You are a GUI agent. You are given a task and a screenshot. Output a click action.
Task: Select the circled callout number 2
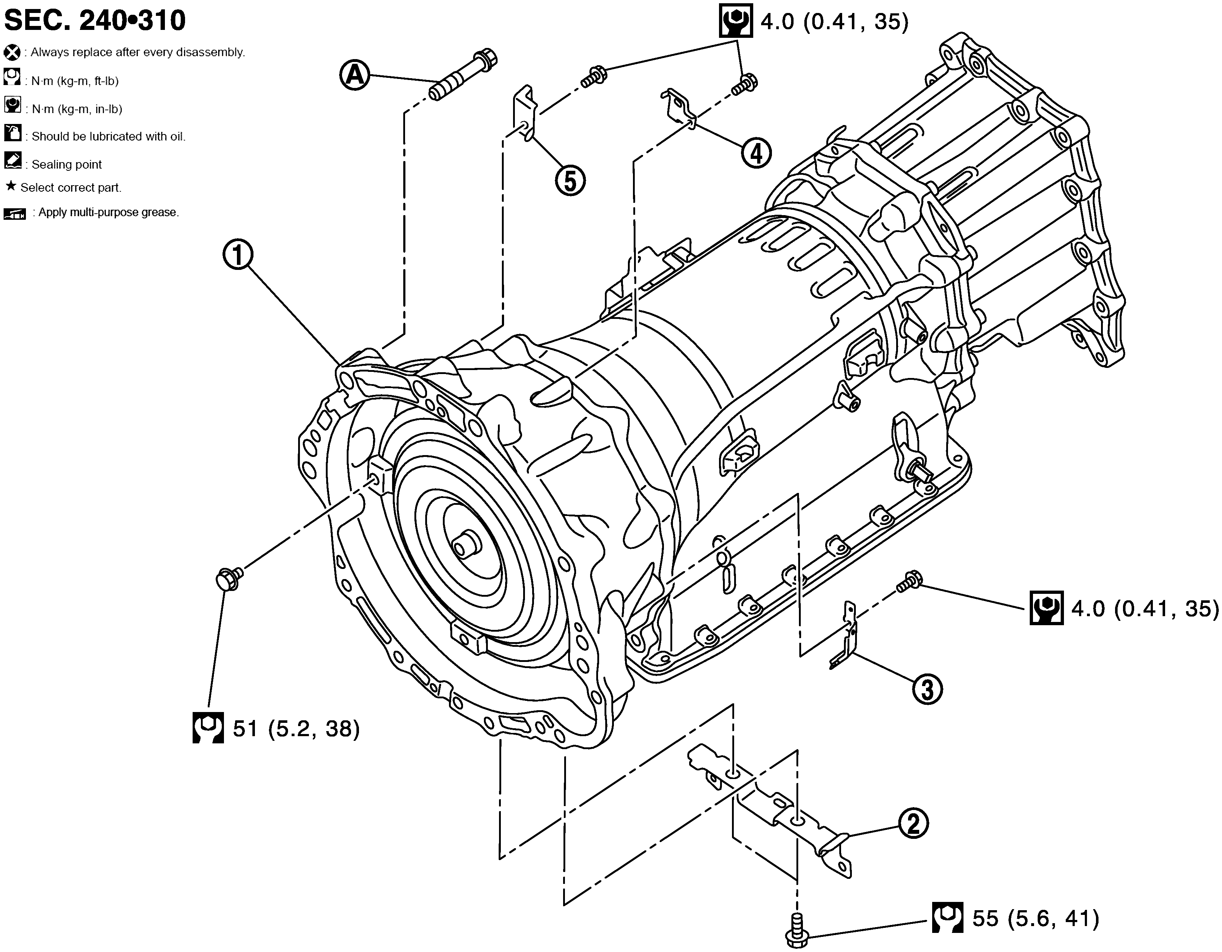(913, 823)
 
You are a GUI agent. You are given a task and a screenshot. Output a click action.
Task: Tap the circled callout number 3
(927, 689)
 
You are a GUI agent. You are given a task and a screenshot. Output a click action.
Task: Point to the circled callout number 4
(756, 153)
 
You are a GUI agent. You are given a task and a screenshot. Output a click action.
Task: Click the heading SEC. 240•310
(95, 21)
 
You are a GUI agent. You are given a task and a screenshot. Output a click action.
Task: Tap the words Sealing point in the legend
(67, 165)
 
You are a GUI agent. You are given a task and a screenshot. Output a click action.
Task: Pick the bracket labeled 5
(525, 112)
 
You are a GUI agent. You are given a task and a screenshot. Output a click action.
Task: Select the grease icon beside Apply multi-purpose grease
(14, 213)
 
